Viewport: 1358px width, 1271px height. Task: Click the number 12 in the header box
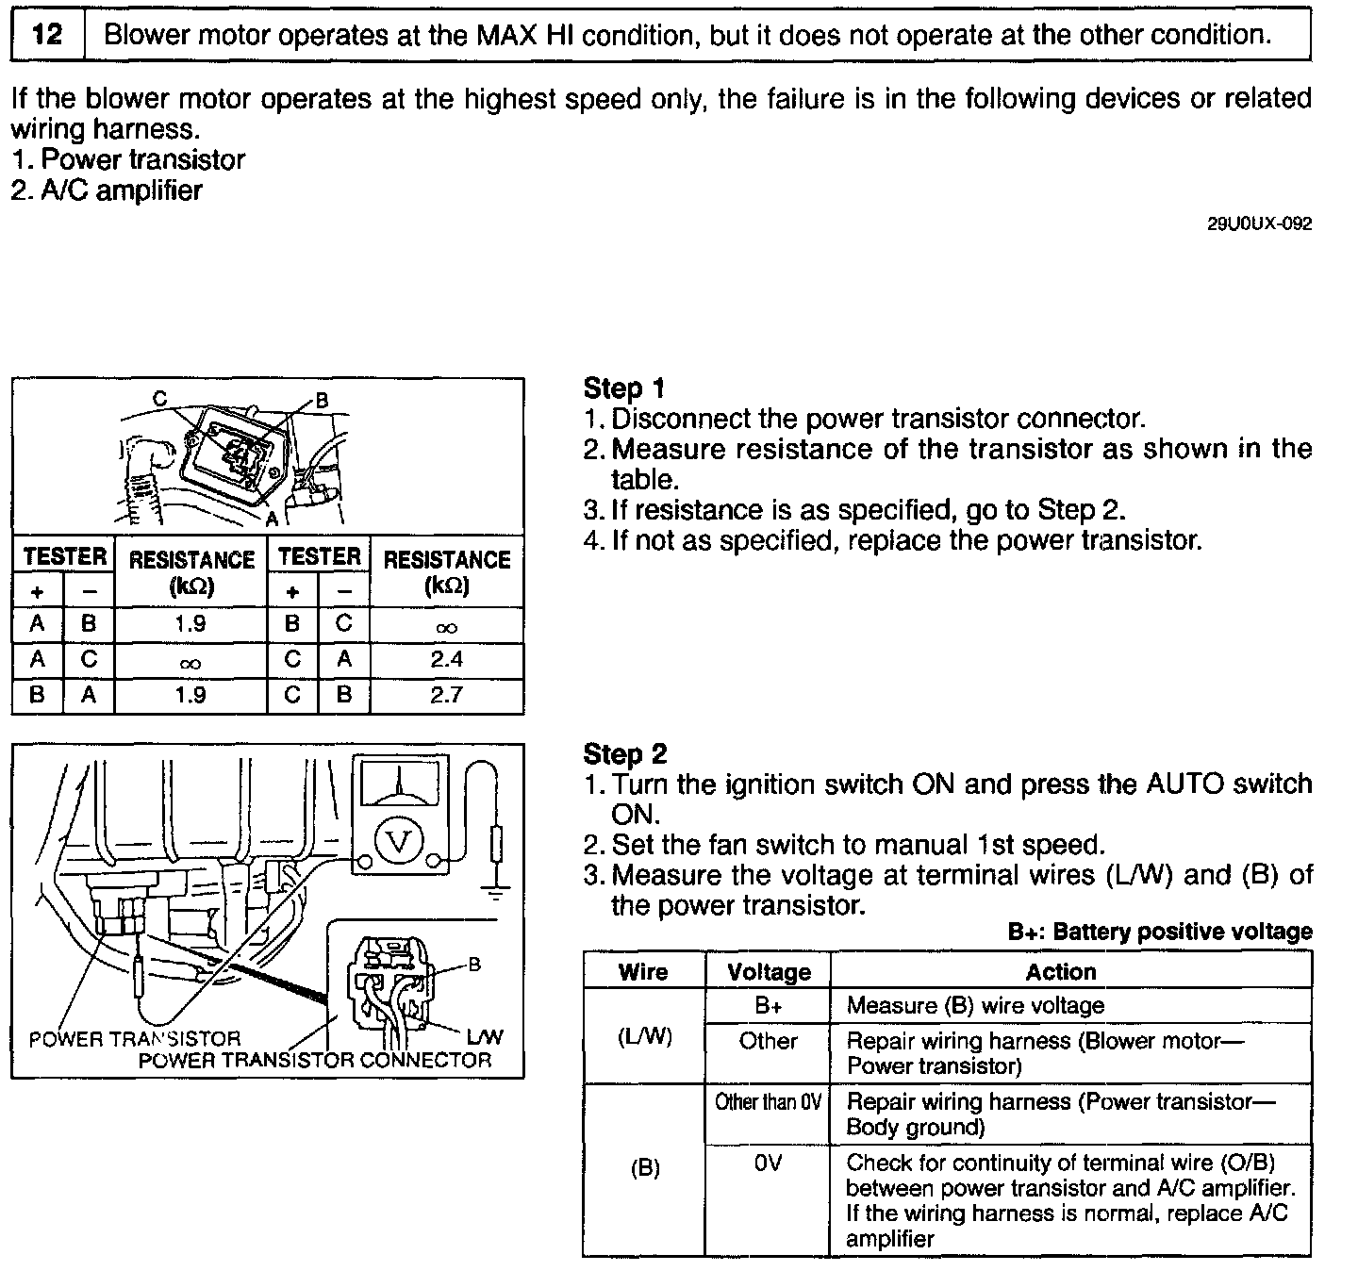47,35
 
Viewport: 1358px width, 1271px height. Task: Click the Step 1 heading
624,388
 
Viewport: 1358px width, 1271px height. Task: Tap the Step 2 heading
624,753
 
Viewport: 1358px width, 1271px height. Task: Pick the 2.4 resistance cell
446,659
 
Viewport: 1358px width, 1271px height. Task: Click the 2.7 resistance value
446,695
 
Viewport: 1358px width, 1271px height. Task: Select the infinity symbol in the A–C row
190,662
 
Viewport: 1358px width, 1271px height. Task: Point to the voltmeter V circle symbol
400,841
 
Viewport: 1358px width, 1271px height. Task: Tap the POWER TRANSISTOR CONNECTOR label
315,1060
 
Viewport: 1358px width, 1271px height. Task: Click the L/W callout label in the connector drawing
485,1037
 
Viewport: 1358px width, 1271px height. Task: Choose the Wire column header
643,971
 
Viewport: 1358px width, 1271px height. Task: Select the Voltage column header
769,971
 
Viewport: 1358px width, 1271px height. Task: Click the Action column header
1061,971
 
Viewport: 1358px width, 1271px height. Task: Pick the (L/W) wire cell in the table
644,1037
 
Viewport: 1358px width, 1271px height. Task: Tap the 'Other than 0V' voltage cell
768,1102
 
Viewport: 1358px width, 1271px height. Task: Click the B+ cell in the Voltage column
769,1005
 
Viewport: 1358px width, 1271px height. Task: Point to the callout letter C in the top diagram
160,399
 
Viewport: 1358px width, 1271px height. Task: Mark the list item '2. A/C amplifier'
107,190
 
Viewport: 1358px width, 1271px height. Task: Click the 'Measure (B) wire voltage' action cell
975,1005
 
